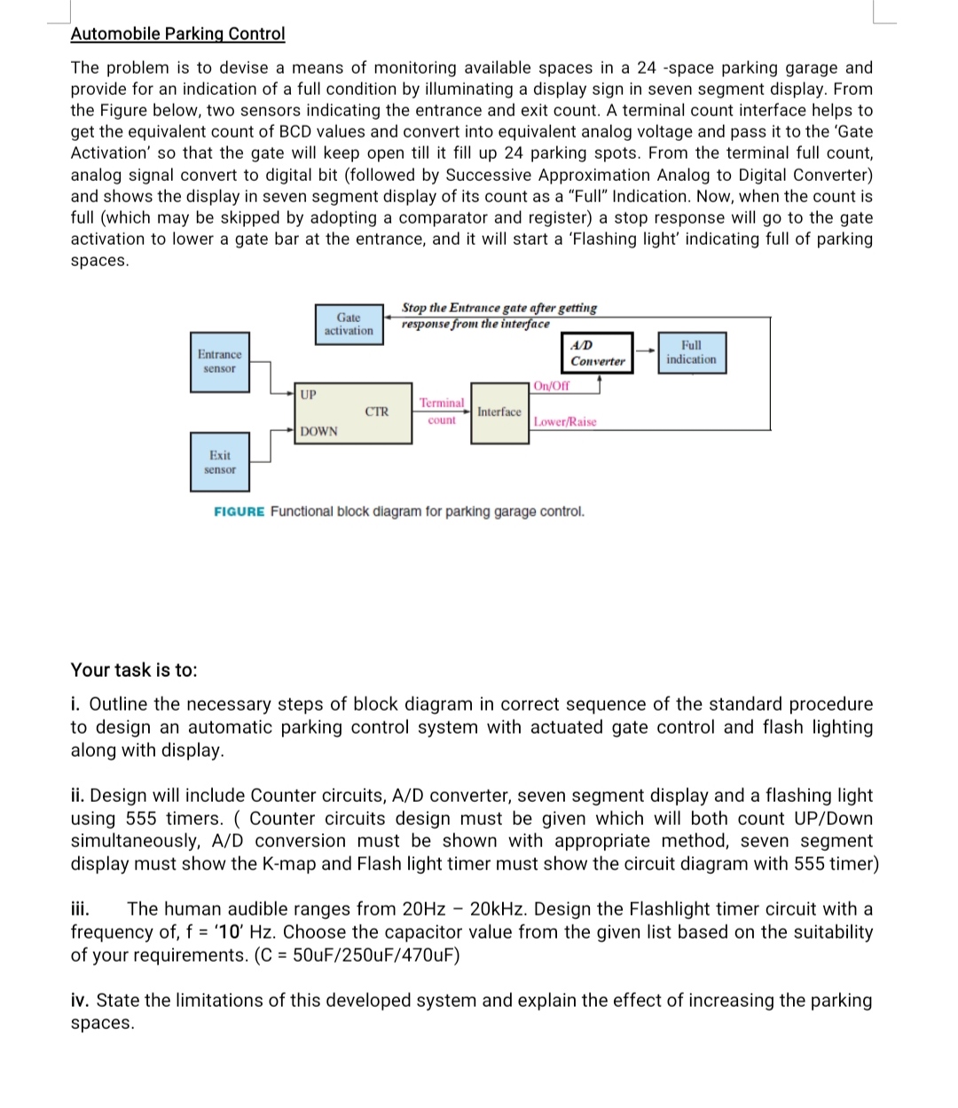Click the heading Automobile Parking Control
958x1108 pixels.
click(177, 34)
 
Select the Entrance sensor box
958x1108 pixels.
click(219, 362)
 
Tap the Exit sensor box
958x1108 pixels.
click(219, 462)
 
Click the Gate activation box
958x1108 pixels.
click(349, 324)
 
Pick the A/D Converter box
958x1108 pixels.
click(597, 353)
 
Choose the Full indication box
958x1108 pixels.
click(691, 352)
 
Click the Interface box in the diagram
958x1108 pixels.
click(499, 413)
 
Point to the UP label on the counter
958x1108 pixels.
click(308, 394)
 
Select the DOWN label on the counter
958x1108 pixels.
click(318, 431)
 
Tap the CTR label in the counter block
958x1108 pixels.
click(377, 412)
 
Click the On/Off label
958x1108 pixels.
click(552, 386)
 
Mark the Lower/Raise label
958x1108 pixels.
click(565, 422)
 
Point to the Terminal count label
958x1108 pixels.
click(441, 412)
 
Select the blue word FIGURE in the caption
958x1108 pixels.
click(239, 512)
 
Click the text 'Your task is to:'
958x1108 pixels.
click(134, 671)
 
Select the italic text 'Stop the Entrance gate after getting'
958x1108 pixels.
click(499, 308)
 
